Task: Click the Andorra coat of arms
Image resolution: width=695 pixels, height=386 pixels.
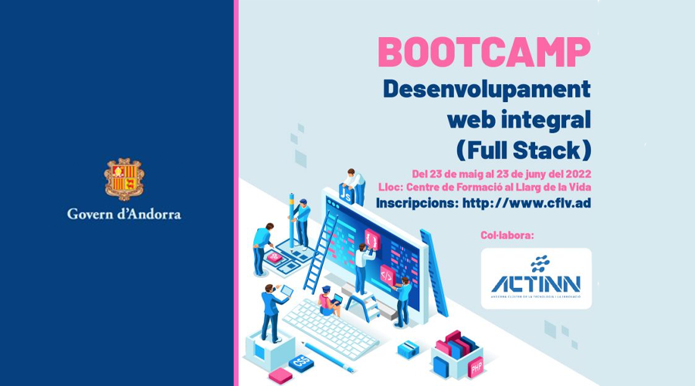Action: (124, 179)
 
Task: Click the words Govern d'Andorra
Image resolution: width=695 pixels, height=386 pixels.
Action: (124, 214)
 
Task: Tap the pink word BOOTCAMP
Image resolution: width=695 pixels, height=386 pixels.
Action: (483, 52)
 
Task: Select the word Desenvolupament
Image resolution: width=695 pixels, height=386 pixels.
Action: (486, 89)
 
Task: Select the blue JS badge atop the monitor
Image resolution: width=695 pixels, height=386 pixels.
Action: (347, 198)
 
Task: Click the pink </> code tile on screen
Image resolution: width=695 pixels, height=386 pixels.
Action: (386, 273)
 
